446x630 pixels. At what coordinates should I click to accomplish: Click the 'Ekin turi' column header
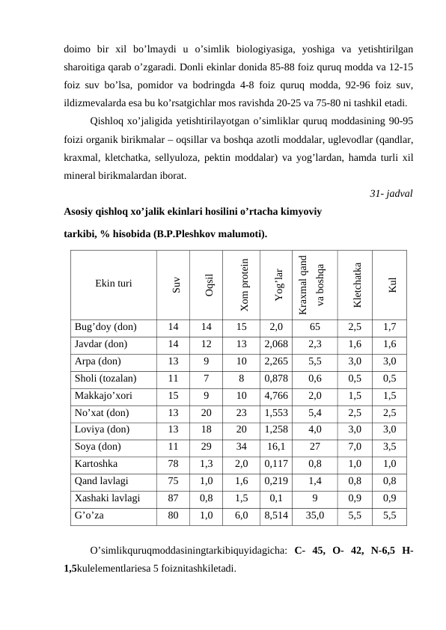[114, 284]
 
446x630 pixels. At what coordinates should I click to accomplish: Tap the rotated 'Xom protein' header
[242, 284]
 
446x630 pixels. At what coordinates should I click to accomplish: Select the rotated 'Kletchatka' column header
[358, 284]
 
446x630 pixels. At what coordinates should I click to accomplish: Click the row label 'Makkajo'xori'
[103, 396]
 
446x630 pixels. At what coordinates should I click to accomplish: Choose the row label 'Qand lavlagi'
[101, 481]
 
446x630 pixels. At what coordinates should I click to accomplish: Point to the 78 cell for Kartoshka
[173, 464]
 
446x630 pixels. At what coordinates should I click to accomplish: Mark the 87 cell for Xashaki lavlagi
[173, 498]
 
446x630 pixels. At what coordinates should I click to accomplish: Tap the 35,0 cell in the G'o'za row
[315, 516]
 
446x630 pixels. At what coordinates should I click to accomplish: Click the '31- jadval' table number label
[391, 194]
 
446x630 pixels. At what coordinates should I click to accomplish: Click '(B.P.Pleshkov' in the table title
[186, 233]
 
